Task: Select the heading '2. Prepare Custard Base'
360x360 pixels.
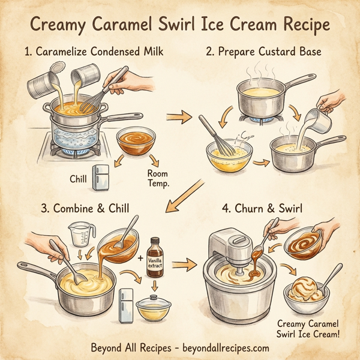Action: click(263, 52)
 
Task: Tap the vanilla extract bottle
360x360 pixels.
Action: click(155, 257)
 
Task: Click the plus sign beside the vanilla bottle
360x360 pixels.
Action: click(140, 259)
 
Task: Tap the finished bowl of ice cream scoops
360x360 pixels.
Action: click(305, 292)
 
